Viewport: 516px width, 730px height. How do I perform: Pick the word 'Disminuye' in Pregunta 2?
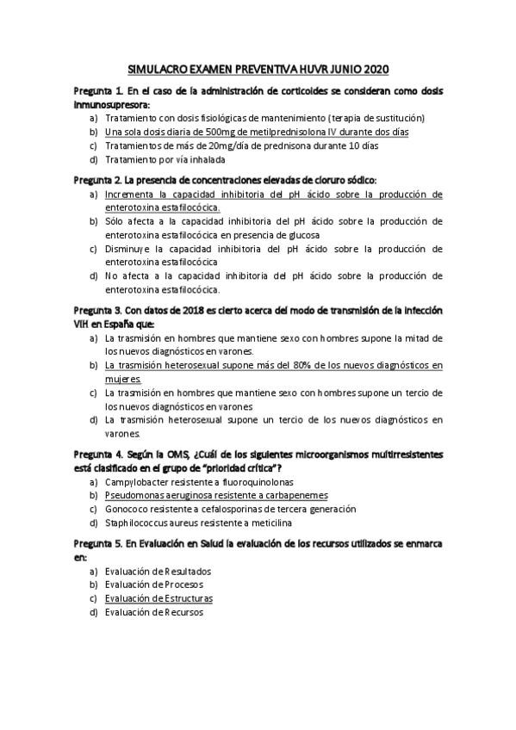131,249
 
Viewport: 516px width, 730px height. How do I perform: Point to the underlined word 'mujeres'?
122,379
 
